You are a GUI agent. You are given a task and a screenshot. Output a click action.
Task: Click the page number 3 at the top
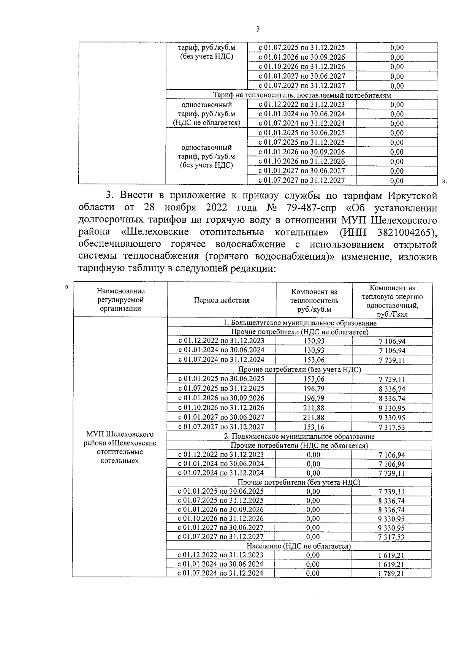(258, 30)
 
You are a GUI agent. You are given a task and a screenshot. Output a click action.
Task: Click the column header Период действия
(222, 300)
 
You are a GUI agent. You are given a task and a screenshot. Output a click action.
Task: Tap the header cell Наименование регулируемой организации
(120, 300)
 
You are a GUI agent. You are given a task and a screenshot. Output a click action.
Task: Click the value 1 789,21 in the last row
(391, 574)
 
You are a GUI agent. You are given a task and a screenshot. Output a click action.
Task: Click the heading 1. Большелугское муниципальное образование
(299, 323)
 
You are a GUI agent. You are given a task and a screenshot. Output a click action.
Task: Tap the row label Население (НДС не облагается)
(298, 546)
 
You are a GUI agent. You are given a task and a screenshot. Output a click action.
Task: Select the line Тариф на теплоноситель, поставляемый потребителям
(302, 95)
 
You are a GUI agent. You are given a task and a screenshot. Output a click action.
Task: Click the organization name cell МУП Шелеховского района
(120, 447)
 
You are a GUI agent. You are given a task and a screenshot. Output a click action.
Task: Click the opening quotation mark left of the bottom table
(67, 287)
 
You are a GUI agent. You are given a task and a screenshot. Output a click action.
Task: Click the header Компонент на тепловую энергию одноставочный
(392, 301)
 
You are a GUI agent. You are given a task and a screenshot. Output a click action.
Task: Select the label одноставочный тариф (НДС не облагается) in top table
(206, 114)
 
